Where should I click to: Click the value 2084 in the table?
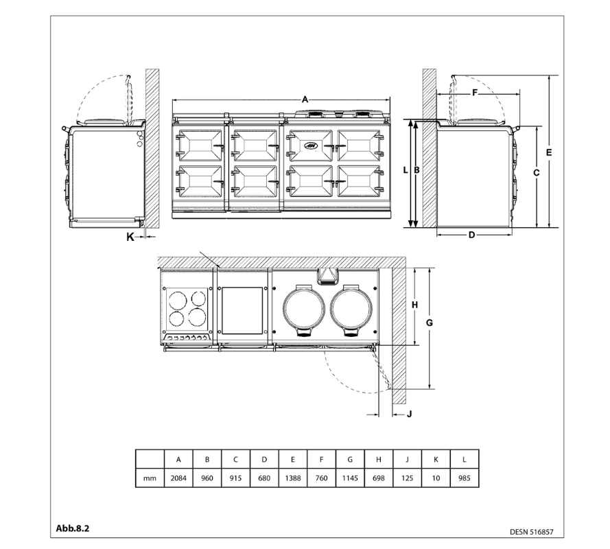click(x=178, y=478)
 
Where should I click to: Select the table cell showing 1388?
click(x=292, y=478)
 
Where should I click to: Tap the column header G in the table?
click(x=350, y=458)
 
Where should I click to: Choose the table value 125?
click(x=407, y=478)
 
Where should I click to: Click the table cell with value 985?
click(x=465, y=478)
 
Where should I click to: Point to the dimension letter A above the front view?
click(x=305, y=100)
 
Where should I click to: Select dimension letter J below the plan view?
click(x=409, y=413)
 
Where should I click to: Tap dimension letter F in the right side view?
click(x=474, y=92)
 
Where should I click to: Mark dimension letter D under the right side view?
click(x=471, y=235)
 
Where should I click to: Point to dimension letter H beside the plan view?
click(x=414, y=305)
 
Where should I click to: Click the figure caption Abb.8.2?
click(x=73, y=529)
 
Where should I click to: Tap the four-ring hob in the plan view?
click(x=187, y=307)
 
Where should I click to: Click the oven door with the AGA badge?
click(x=310, y=145)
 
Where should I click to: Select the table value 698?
click(x=378, y=478)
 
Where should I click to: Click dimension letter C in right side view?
click(x=536, y=173)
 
